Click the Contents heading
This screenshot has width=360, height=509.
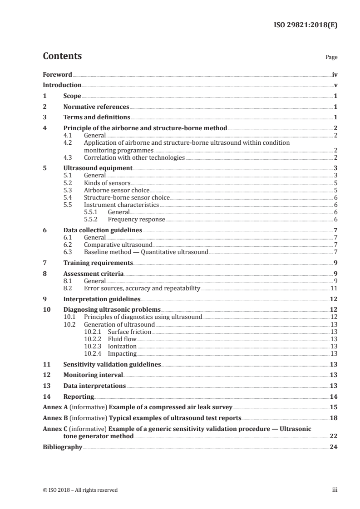pos(62,56)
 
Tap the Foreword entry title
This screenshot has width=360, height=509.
pos(57,74)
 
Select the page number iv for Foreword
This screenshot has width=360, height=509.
pos(334,74)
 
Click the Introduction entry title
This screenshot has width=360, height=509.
pos(62,85)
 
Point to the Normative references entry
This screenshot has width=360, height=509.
pos(96,107)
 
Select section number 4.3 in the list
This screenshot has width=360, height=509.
pos(68,157)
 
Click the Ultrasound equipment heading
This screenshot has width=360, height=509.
pos(98,168)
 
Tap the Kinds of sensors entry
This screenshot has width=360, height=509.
pos(107,182)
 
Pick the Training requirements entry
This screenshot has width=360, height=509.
pos(98,263)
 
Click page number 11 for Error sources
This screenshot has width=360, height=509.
pos(333,288)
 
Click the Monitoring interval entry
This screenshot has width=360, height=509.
pos(93,375)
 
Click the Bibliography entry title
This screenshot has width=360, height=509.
pos(62,447)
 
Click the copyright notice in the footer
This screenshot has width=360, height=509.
pos(80,490)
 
